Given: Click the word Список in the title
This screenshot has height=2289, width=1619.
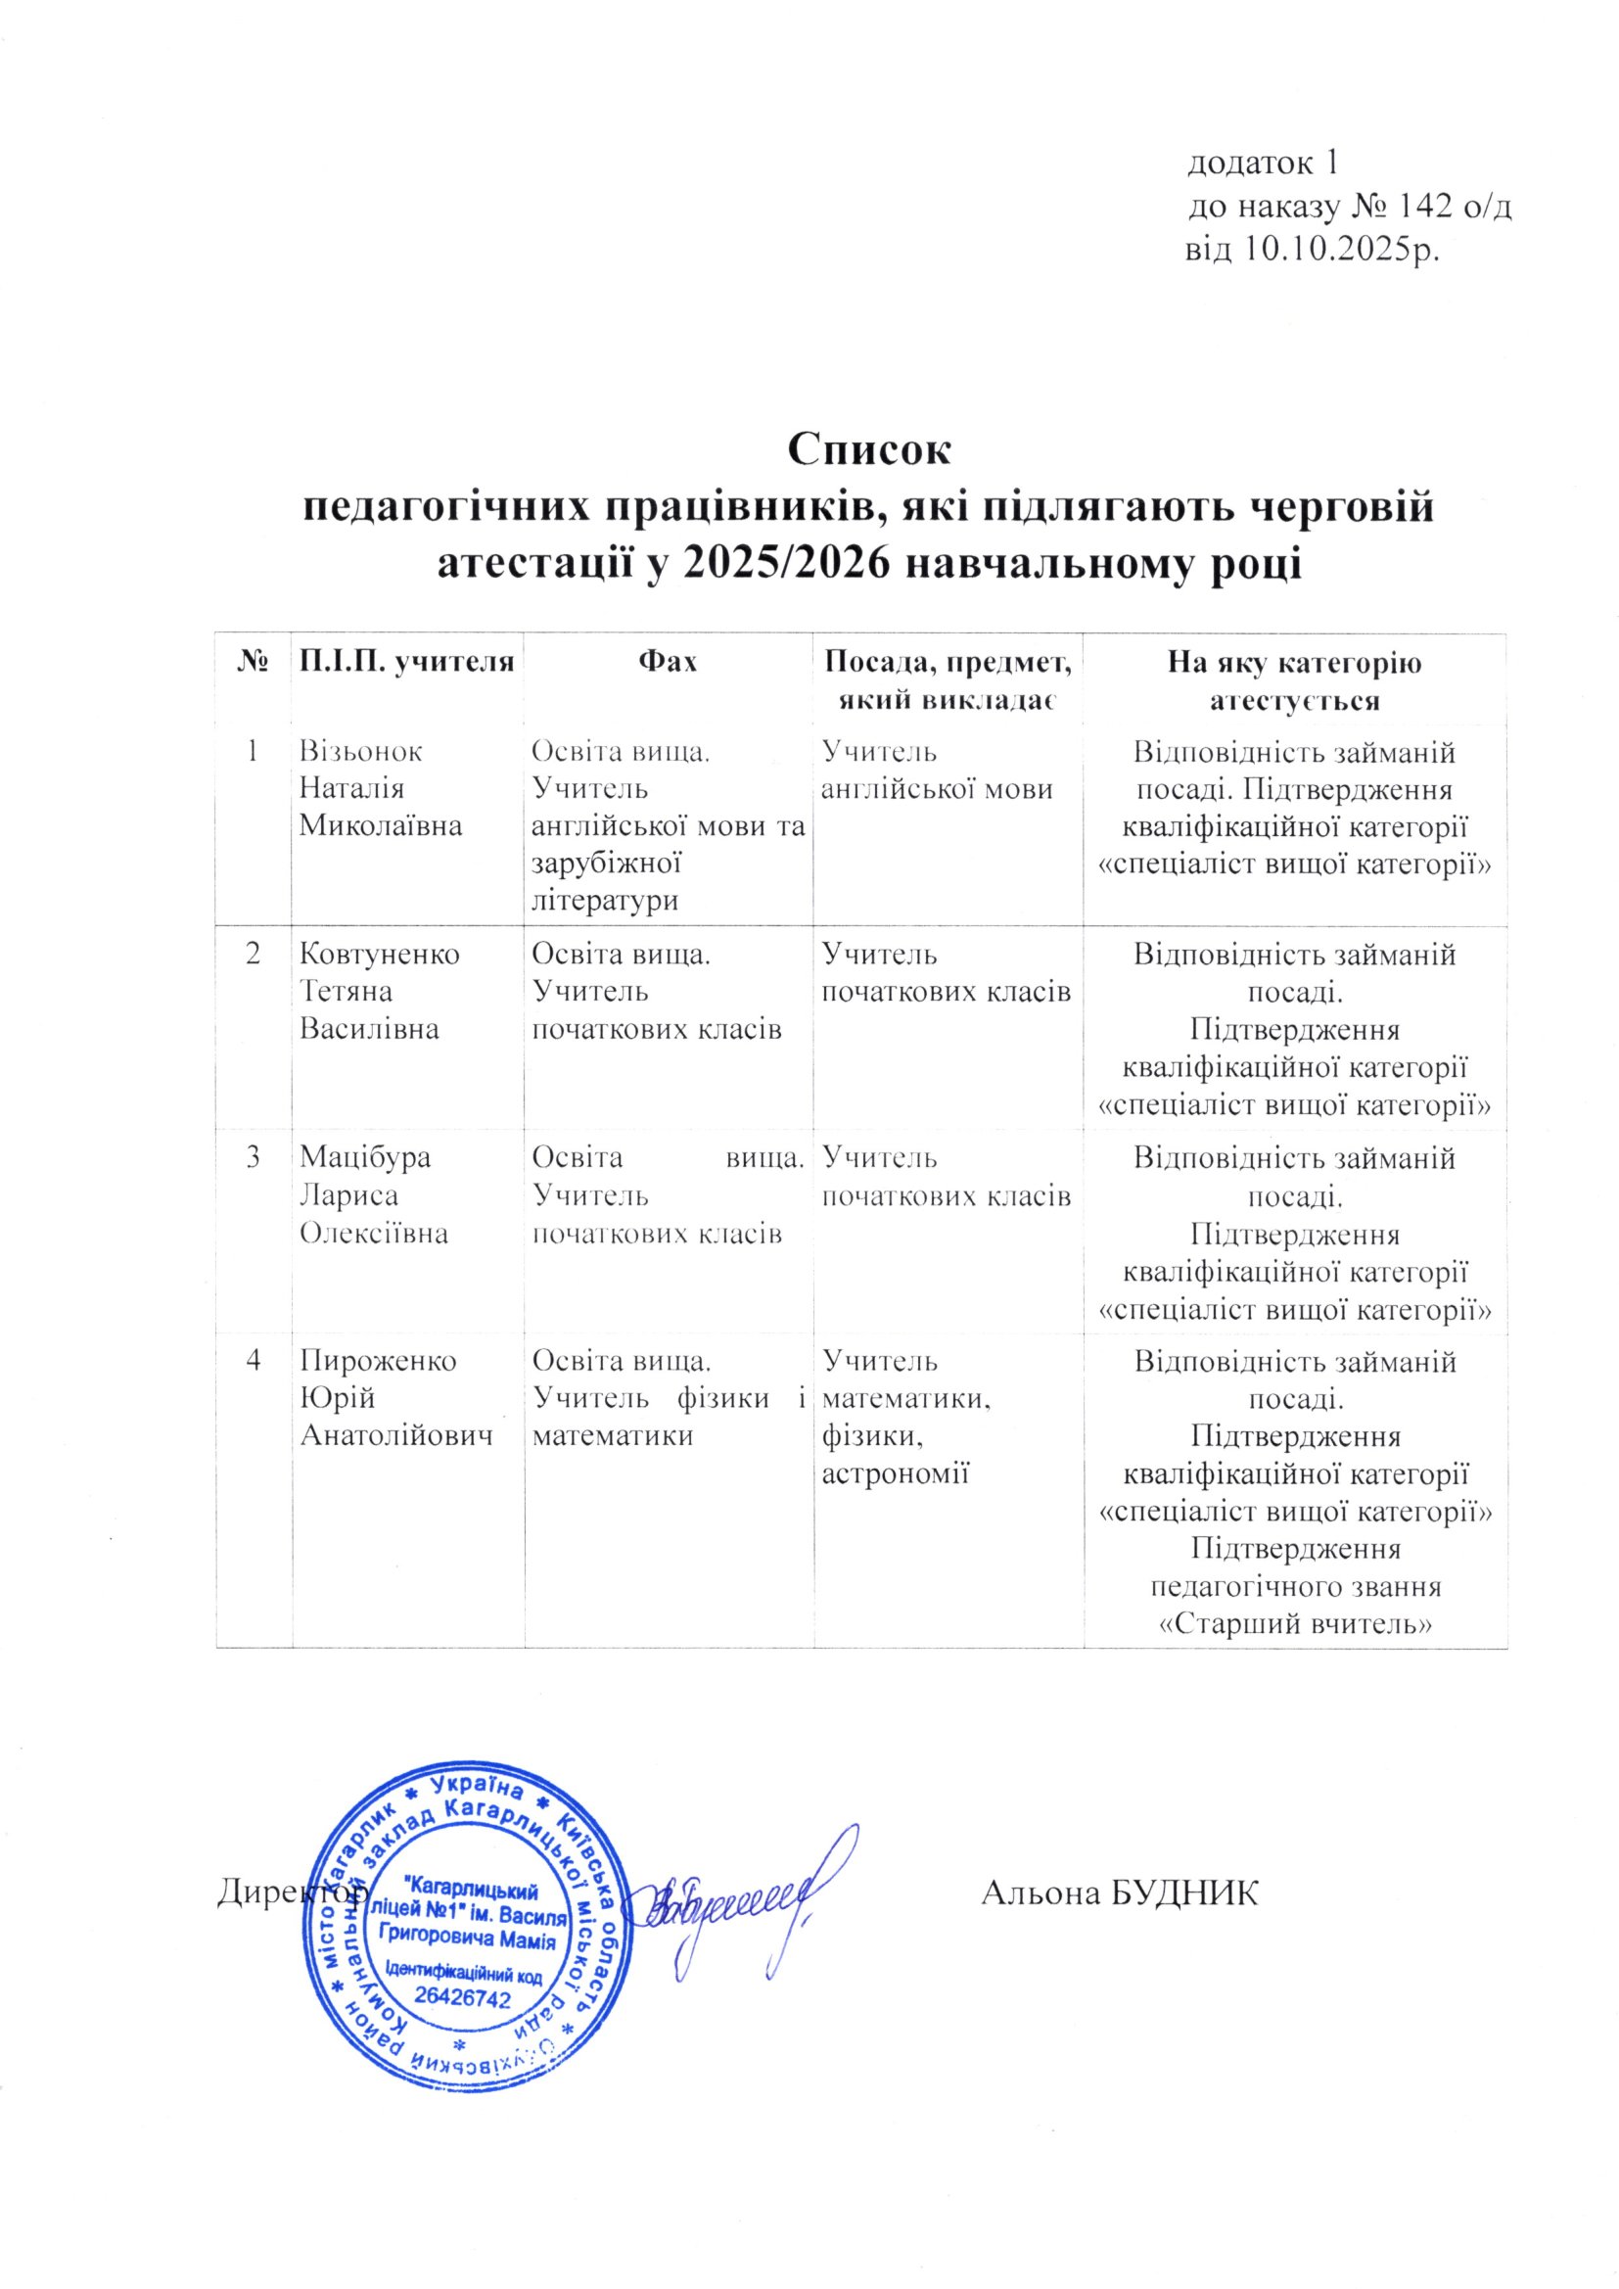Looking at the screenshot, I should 870,450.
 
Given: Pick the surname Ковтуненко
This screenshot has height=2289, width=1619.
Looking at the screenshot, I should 380,955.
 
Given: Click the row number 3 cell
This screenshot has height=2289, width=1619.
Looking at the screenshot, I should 254,1157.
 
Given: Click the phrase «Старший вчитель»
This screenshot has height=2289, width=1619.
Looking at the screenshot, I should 1295,1624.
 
